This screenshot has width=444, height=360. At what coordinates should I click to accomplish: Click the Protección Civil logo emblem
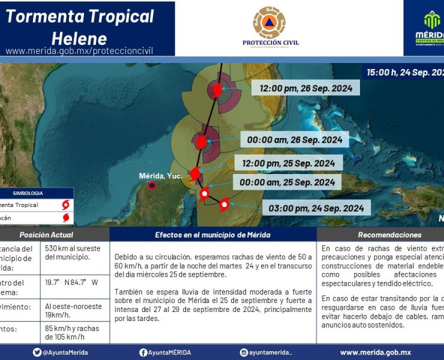point(269,22)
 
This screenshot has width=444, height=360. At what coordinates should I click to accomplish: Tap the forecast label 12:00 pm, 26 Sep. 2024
point(310,88)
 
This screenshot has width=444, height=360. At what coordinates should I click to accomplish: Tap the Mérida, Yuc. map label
point(160,176)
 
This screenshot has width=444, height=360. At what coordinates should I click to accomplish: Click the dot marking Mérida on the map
point(152,185)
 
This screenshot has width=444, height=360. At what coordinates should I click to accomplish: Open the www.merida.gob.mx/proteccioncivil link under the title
point(79,51)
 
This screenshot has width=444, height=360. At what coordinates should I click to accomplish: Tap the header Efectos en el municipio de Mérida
point(212,235)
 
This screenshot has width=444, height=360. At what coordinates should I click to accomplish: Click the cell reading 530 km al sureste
point(73,253)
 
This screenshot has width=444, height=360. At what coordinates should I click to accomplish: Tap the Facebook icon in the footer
point(143,353)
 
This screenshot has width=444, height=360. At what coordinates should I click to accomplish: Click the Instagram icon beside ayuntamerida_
point(244,353)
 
